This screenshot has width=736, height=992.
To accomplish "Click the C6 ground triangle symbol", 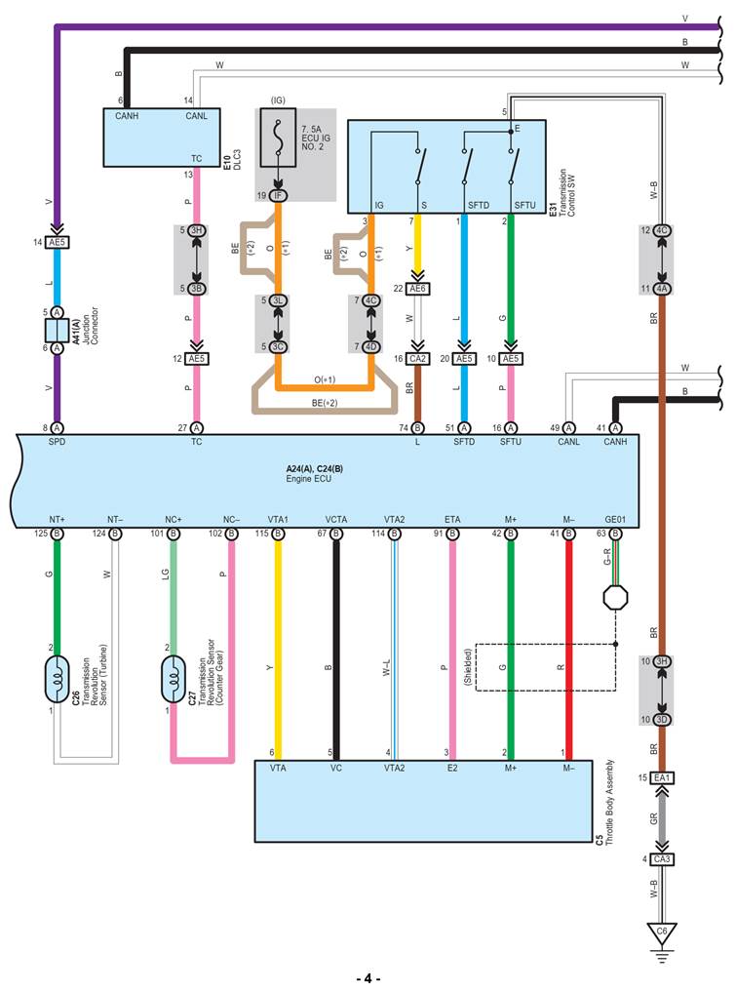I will (x=662, y=932).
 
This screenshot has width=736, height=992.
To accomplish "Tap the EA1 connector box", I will (x=662, y=777).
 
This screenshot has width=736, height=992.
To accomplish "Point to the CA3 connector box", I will (x=662, y=859).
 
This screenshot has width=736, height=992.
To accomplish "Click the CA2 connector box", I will (x=418, y=359).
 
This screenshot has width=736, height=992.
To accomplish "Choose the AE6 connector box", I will (x=418, y=289).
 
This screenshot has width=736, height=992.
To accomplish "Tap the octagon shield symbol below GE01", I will (x=615, y=598).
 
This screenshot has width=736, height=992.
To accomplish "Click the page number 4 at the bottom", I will (x=368, y=978).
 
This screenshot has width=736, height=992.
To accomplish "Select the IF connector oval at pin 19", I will (x=278, y=196).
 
